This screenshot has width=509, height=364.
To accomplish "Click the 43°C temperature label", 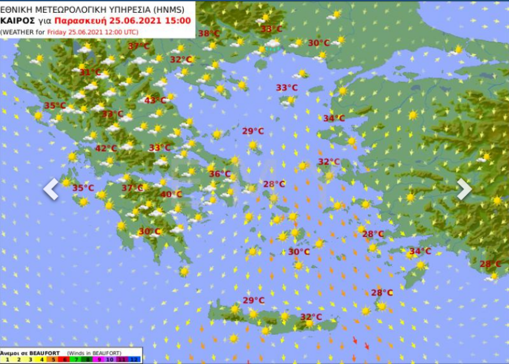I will click(x=155, y=100).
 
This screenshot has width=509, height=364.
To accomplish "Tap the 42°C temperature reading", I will click(x=106, y=148).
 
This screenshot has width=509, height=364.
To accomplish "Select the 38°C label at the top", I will click(x=209, y=34).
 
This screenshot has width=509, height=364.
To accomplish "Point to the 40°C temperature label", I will click(x=171, y=194).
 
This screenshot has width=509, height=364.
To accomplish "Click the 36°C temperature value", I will click(x=219, y=173).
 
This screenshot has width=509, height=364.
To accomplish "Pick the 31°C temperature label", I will click(x=90, y=72).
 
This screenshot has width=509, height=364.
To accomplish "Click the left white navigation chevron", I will click(x=51, y=189).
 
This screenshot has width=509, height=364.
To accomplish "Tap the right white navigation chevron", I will click(x=464, y=189).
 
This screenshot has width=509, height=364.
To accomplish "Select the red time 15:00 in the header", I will click(x=178, y=20).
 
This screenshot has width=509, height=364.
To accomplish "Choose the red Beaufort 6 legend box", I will click(x=65, y=359).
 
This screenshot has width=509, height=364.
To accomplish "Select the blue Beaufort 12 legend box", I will click(x=135, y=359).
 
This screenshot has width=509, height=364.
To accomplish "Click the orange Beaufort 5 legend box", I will click(x=53, y=359).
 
